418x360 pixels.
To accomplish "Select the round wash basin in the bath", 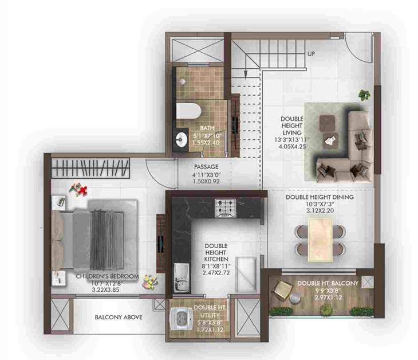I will [182, 136].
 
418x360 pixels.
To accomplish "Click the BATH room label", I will [207, 128].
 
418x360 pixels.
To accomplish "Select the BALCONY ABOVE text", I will [119, 317].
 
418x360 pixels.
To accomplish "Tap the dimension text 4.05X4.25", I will [293, 146].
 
